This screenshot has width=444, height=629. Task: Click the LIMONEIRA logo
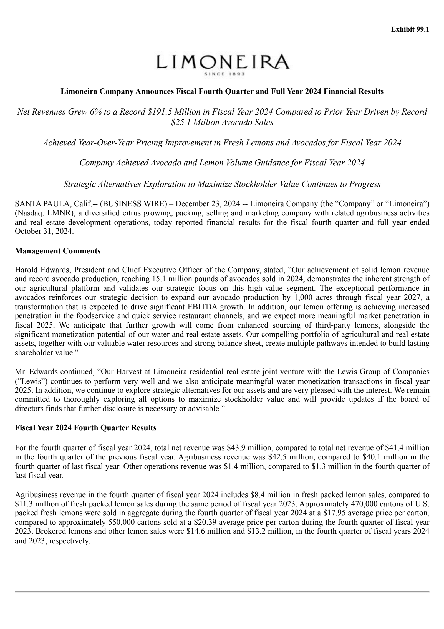click(222, 62)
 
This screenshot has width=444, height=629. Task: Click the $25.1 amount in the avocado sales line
click(181, 122)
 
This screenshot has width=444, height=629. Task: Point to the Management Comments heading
click(58, 251)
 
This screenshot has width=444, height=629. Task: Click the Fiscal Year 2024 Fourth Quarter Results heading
click(85, 427)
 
